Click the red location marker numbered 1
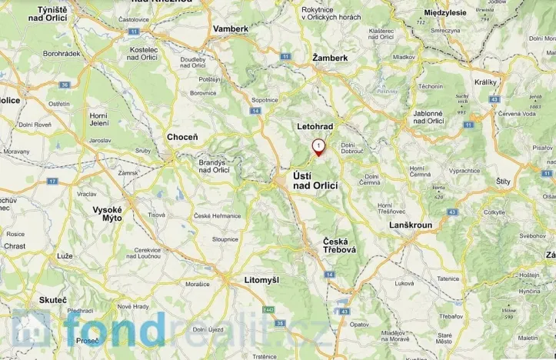pos(318,146)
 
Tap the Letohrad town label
pos(315,125)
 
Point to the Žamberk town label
pos(331,58)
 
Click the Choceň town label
pos(182,137)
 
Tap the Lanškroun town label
pos(411,225)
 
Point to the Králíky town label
pos(485,80)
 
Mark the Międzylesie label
pos(446,13)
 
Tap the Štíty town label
pos(504,182)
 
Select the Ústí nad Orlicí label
pos(314,181)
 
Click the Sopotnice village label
pos(265,100)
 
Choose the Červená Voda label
pos(517,114)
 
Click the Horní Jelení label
pos(99,118)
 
